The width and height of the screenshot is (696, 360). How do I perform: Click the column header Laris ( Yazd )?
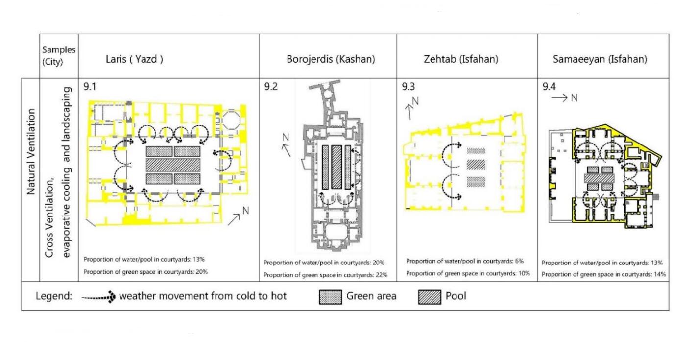coord(134,59)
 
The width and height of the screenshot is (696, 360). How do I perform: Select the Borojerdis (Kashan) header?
coord(331,59)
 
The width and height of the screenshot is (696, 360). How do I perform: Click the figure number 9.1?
coord(90,87)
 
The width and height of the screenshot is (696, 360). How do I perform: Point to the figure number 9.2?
coord(271,87)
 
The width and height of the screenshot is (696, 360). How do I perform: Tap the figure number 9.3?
coord(409,87)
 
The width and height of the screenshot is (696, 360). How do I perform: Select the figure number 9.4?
coord(549,87)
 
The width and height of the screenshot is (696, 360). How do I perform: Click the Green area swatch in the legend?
coord(331,297)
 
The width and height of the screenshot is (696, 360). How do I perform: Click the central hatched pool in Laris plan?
coord(173,165)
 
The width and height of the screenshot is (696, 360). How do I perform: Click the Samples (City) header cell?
coord(59,56)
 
